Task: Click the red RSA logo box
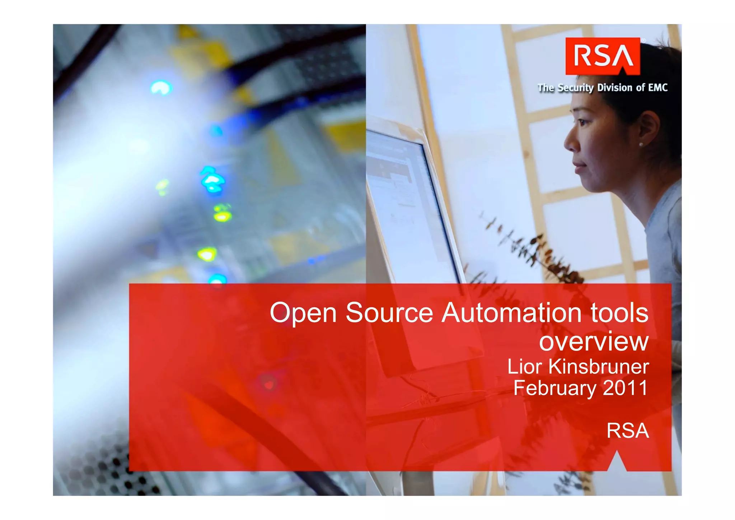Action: coord(603,56)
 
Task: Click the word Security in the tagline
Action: coord(575,88)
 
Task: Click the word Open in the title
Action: coord(303,314)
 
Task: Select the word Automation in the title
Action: coord(512,313)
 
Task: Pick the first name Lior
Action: coord(524,367)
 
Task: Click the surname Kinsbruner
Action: coord(599,367)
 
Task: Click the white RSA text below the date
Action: coord(628,431)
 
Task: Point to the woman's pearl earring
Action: coord(641,144)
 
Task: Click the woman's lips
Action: coord(579,166)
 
